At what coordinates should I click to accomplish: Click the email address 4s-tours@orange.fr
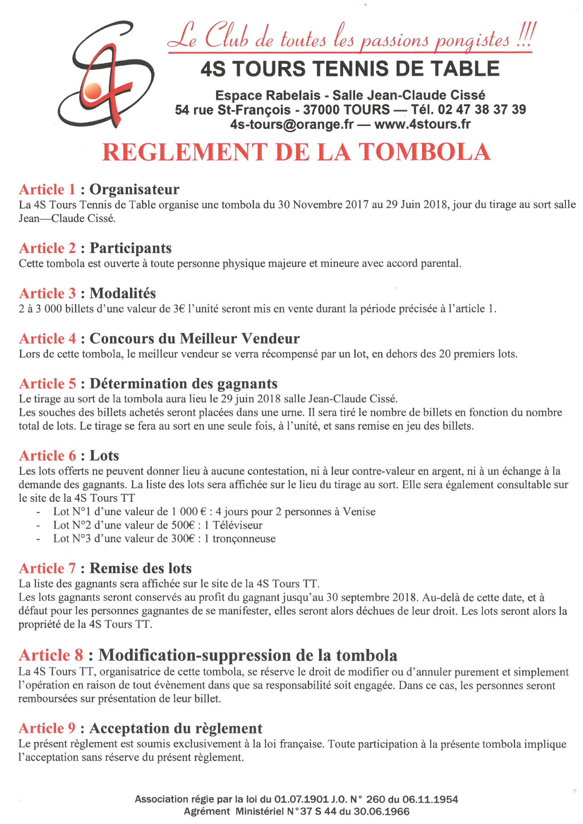(292, 124)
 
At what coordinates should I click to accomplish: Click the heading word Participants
(130, 248)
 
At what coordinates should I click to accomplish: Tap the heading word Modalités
(123, 293)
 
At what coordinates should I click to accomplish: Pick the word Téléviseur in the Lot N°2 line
(237, 525)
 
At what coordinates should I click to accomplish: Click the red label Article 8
(51, 655)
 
